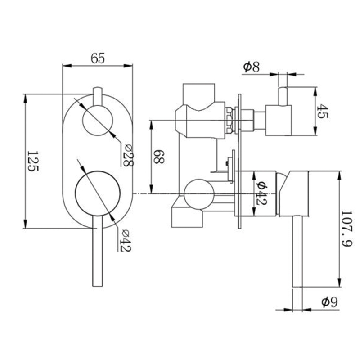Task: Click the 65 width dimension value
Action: pyautogui.click(x=98, y=58)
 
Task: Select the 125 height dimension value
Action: pyautogui.click(x=34, y=161)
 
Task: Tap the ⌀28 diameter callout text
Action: pyautogui.click(x=128, y=155)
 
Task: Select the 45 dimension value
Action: pyautogui.click(x=323, y=111)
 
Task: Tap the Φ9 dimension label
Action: pyautogui.click(x=330, y=302)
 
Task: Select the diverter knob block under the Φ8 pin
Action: pyautogui.click(x=279, y=120)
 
